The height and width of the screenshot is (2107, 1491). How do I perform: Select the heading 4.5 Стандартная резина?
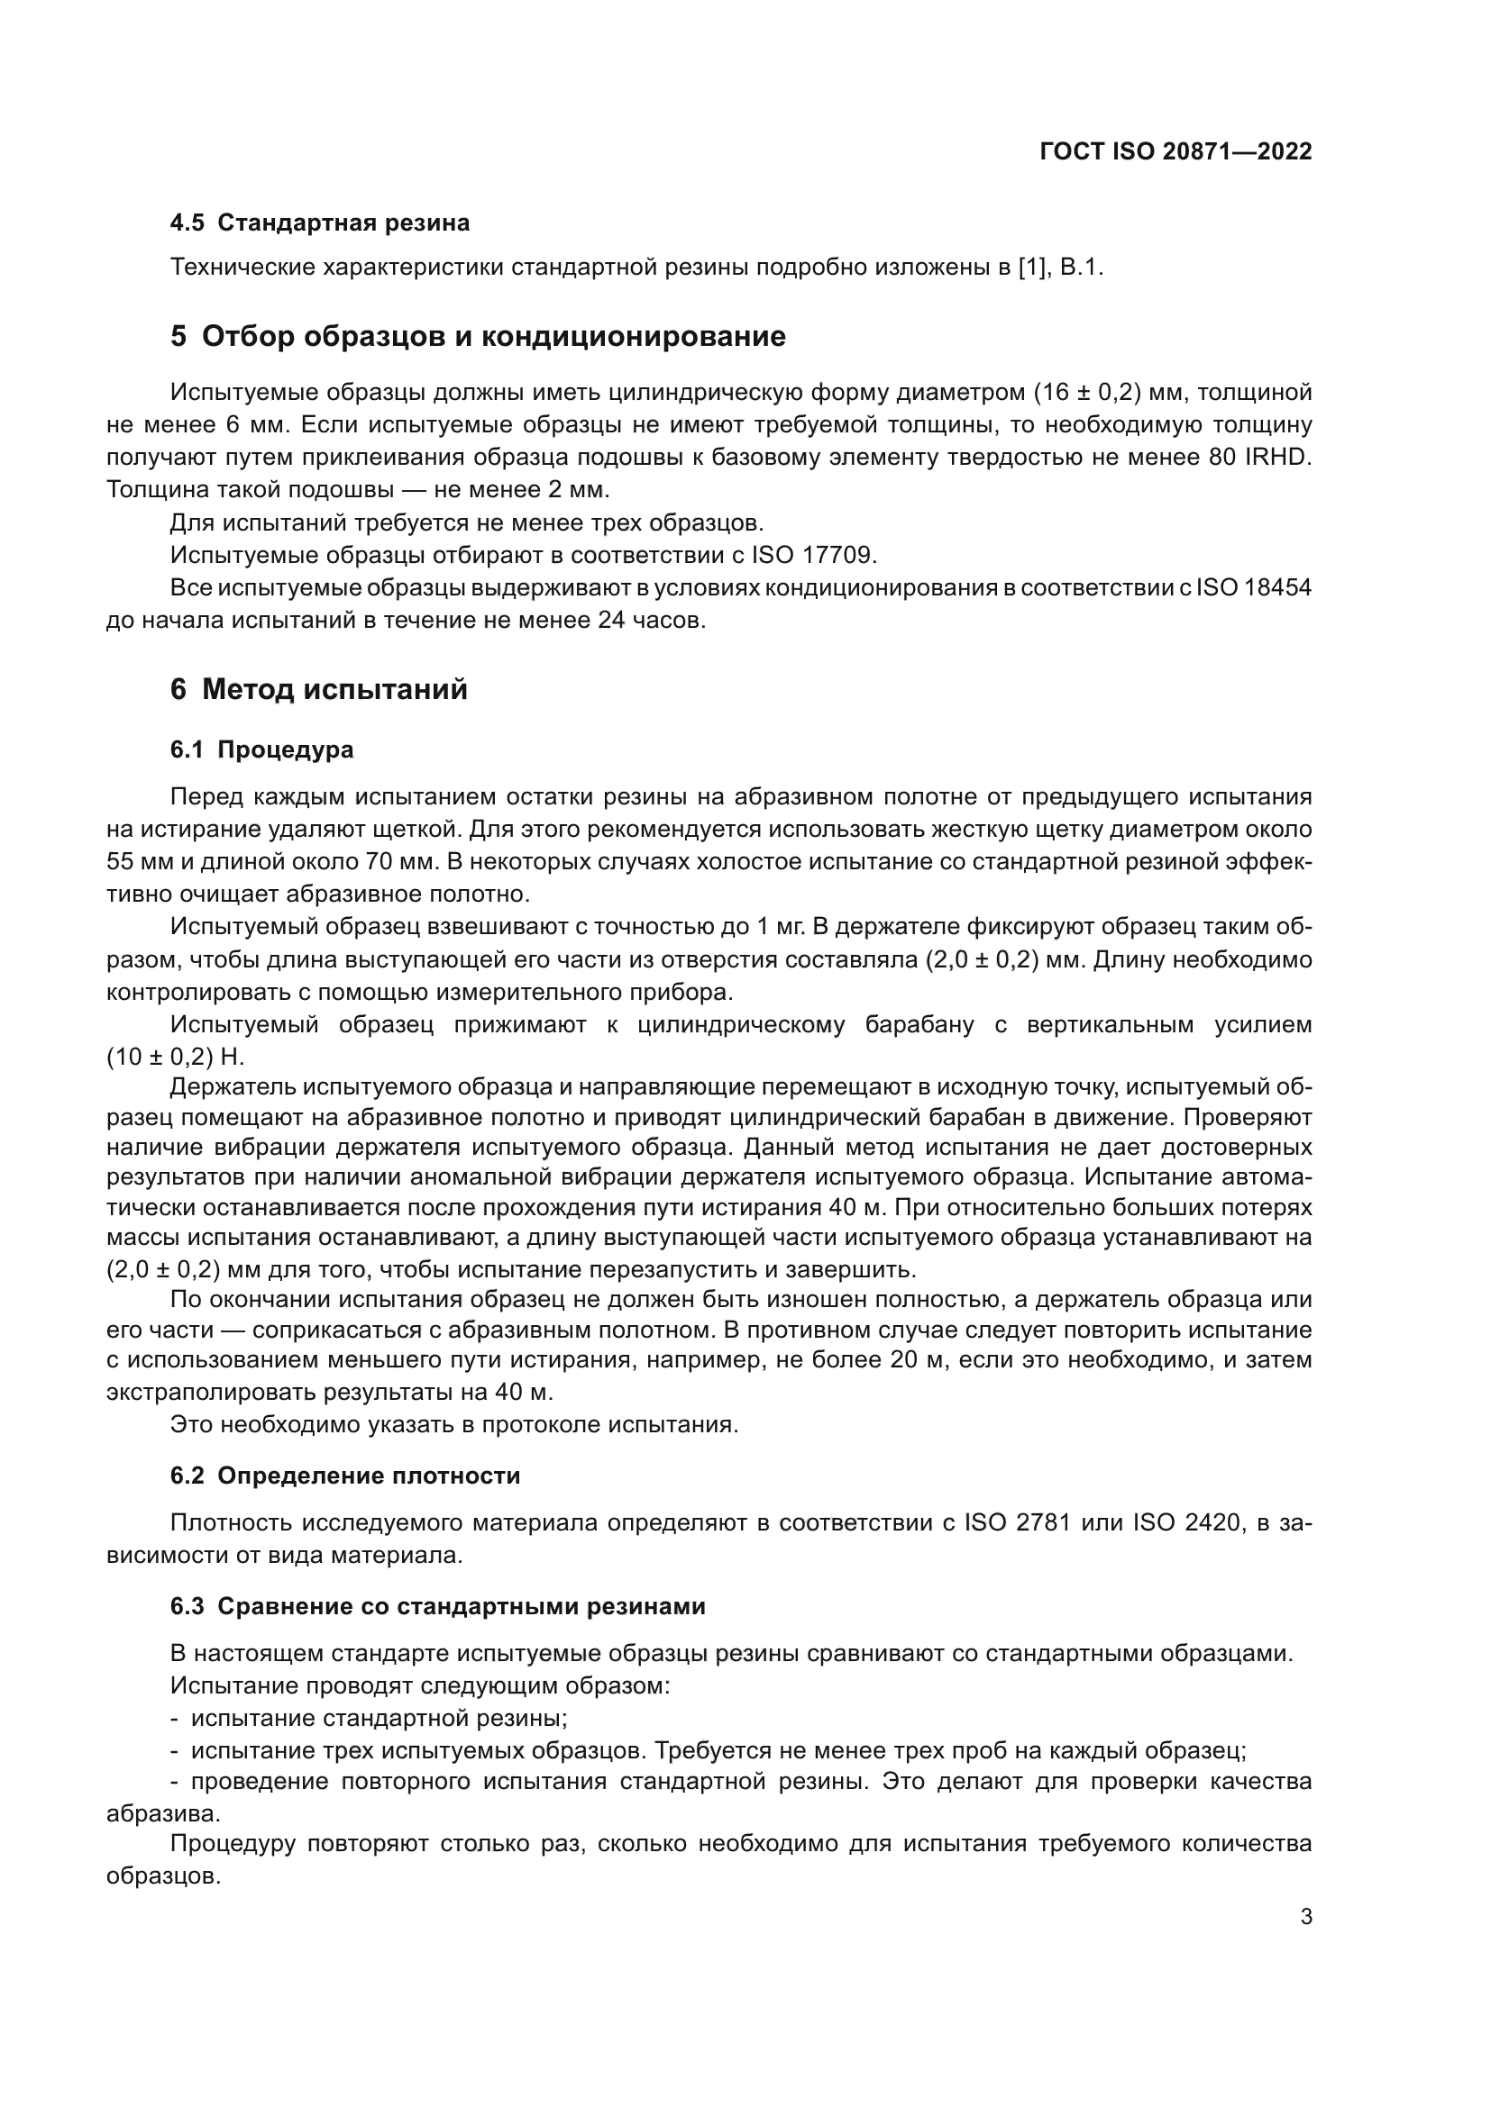pos(319,223)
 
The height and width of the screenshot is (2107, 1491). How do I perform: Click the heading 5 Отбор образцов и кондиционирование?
pos(478,337)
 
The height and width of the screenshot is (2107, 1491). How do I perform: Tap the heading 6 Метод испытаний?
pos(318,689)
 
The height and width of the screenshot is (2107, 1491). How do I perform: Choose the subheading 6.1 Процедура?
pos(261,749)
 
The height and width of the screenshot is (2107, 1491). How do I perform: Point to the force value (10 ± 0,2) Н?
pos(176,1058)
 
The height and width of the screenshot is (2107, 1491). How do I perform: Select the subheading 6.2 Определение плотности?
pos(345,1476)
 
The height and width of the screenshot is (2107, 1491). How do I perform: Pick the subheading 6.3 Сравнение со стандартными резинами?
pos(438,1607)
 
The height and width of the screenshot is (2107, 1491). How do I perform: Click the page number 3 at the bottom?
pos(1306,1917)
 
